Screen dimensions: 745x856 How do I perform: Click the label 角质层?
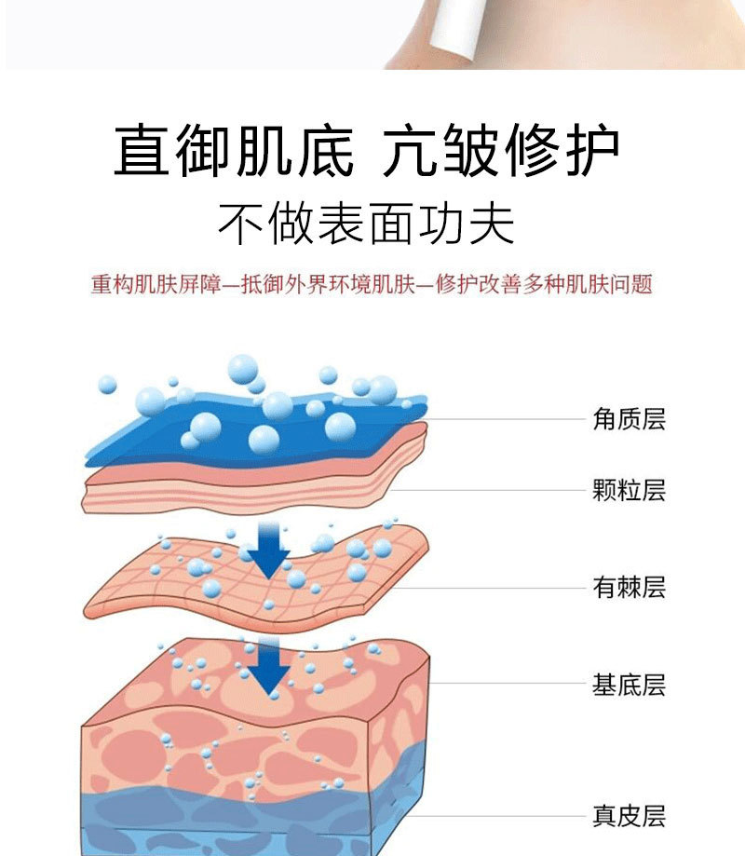tap(630, 419)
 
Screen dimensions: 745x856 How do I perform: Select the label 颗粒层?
tap(630, 490)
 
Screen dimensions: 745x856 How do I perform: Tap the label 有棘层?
tap(630, 587)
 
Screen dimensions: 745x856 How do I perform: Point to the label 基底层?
tap(630, 686)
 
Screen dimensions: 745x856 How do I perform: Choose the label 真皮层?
tap(630, 817)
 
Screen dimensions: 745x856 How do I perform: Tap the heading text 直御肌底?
tap(234, 152)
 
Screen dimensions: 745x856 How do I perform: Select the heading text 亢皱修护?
tap(501, 152)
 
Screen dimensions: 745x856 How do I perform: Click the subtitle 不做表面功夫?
tap(366, 224)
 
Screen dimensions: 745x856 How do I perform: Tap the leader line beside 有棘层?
tap(503, 588)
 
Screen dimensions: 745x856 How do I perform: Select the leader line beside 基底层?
tap(508, 686)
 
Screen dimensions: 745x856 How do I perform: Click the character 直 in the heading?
tap(143, 152)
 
